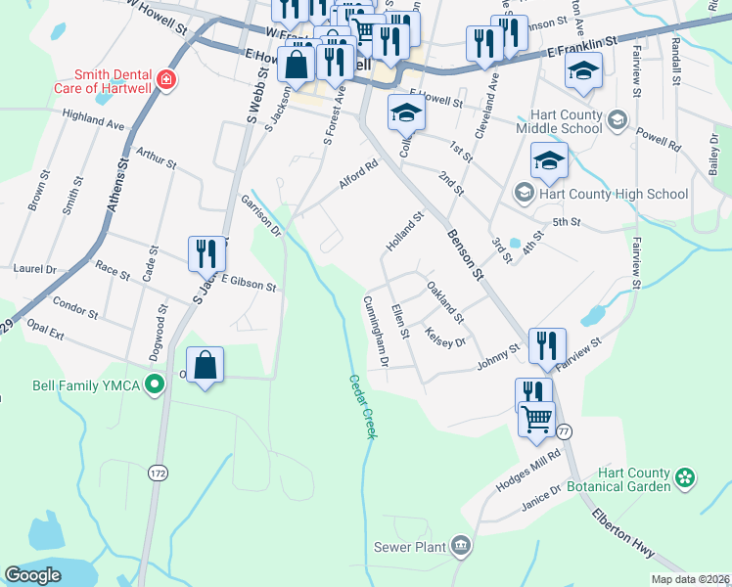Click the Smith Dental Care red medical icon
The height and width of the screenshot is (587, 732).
(x=166, y=79)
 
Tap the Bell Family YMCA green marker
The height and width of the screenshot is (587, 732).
(x=153, y=384)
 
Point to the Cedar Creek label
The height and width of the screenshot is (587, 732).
(x=359, y=405)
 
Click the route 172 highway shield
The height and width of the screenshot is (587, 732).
(x=158, y=473)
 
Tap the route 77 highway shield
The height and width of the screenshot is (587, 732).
(x=564, y=430)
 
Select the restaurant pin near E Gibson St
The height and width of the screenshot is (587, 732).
(x=206, y=253)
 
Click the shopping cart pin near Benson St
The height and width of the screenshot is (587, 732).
(x=536, y=419)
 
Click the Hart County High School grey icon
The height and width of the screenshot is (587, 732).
(x=524, y=194)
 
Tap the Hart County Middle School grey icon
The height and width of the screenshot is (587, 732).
(x=617, y=120)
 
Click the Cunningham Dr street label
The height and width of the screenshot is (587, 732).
(x=377, y=332)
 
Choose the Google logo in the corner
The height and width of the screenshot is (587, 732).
(x=33, y=575)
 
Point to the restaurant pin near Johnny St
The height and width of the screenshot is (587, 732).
(x=541, y=344)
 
